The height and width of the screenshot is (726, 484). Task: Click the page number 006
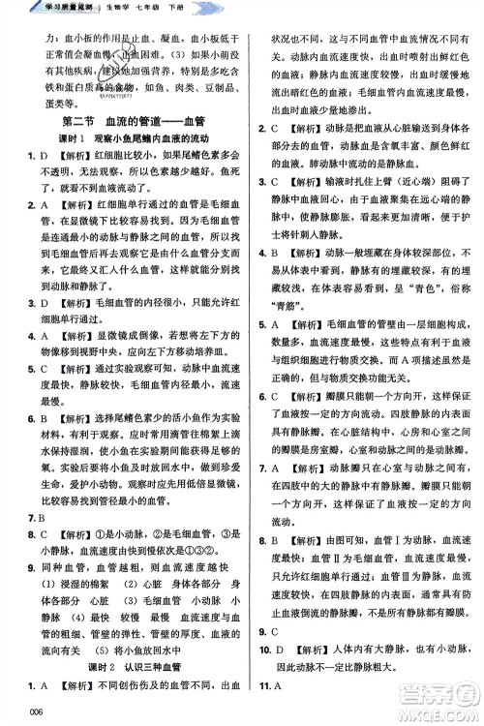pos(13,713)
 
